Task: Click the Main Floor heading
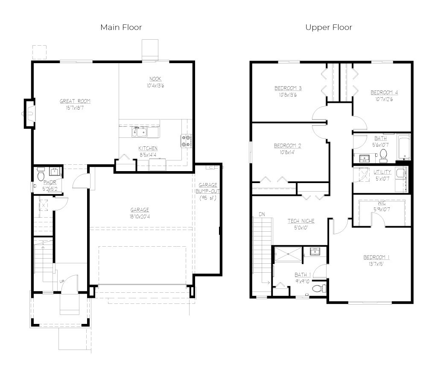pyautogui.click(x=121, y=27)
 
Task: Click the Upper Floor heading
pyautogui.click(x=329, y=27)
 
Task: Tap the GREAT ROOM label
pyautogui.click(x=75, y=101)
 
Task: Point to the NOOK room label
pyautogui.click(x=155, y=79)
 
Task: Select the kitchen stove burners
pyautogui.click(x=187, y=141)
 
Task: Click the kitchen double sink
pyautogui.click(x=139, y=132)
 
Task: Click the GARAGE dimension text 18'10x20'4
pyautogui.click(x=140, y=217)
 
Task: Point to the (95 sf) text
pyautogui.click(x=208, y=198)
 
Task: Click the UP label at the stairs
pyautogui.click(x=62, y=281)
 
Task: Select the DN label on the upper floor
pyautogui.click(x=262, y=214)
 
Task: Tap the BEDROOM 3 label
pyautogui.click(x=288, y=88)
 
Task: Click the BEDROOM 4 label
pyautogui.click(x=384, y=92)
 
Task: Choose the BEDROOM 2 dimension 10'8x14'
pyautogui.click(x=287, y=152)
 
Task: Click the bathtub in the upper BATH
pyautogui.click(x=404, y=147)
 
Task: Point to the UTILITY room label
pyautogui.click(x=382, y=172)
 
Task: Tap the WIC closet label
pyautogui.click(x=382, y=203)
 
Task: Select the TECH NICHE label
pyautogui.click(x=301, y=221)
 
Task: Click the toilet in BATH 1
pyautogui.click(x=319, y=288)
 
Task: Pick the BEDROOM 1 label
pyautogui.click(x=377, y=257)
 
